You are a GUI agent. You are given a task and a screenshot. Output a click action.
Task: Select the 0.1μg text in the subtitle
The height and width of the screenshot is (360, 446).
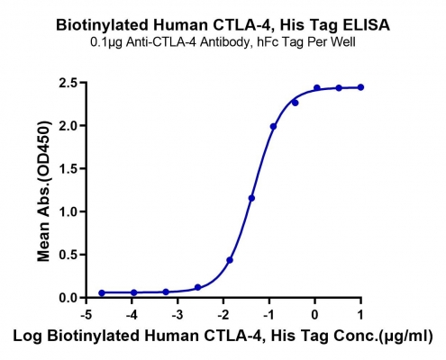click(106, 42)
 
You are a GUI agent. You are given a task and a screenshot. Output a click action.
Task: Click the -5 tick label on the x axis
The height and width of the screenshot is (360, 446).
click(86, 315)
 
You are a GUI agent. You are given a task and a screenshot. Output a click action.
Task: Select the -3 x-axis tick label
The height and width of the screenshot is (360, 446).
click(177, 315)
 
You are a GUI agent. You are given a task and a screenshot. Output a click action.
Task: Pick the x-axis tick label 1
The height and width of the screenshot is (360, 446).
click(360, 315)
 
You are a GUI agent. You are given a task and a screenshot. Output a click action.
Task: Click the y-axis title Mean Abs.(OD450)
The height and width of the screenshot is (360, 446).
click(44, 191)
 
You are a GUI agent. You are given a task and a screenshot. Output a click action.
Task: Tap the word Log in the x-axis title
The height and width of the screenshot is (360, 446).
click(28, 337)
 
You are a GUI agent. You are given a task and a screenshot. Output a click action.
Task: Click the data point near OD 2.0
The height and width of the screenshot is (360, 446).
click(273, 127)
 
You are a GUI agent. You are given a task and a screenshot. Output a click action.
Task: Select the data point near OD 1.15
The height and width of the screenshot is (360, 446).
click(251, 198)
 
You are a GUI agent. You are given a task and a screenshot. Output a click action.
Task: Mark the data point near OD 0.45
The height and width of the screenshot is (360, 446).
click(230, 260)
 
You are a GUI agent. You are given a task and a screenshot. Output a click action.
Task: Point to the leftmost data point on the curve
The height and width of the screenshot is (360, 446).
click(102, 292)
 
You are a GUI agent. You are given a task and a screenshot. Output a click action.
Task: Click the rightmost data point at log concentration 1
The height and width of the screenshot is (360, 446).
click(360, 87)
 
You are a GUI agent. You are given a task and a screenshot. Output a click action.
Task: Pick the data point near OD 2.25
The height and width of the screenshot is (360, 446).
click(295, 103)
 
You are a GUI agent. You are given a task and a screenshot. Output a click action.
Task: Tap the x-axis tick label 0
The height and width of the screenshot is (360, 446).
click(314, 315)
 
